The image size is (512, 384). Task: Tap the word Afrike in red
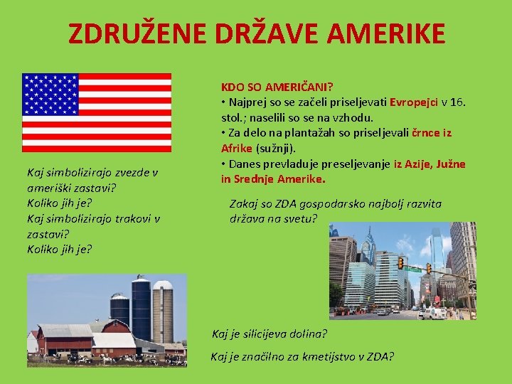[x=237, y=149]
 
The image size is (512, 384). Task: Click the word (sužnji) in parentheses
[x=275, y=149]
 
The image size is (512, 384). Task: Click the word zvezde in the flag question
[x=122, y=172]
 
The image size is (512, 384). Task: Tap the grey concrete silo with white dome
[x=163, y=311]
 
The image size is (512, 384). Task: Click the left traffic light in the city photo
[x=400, y=263]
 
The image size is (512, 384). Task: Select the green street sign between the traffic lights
[x=414, y=269]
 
